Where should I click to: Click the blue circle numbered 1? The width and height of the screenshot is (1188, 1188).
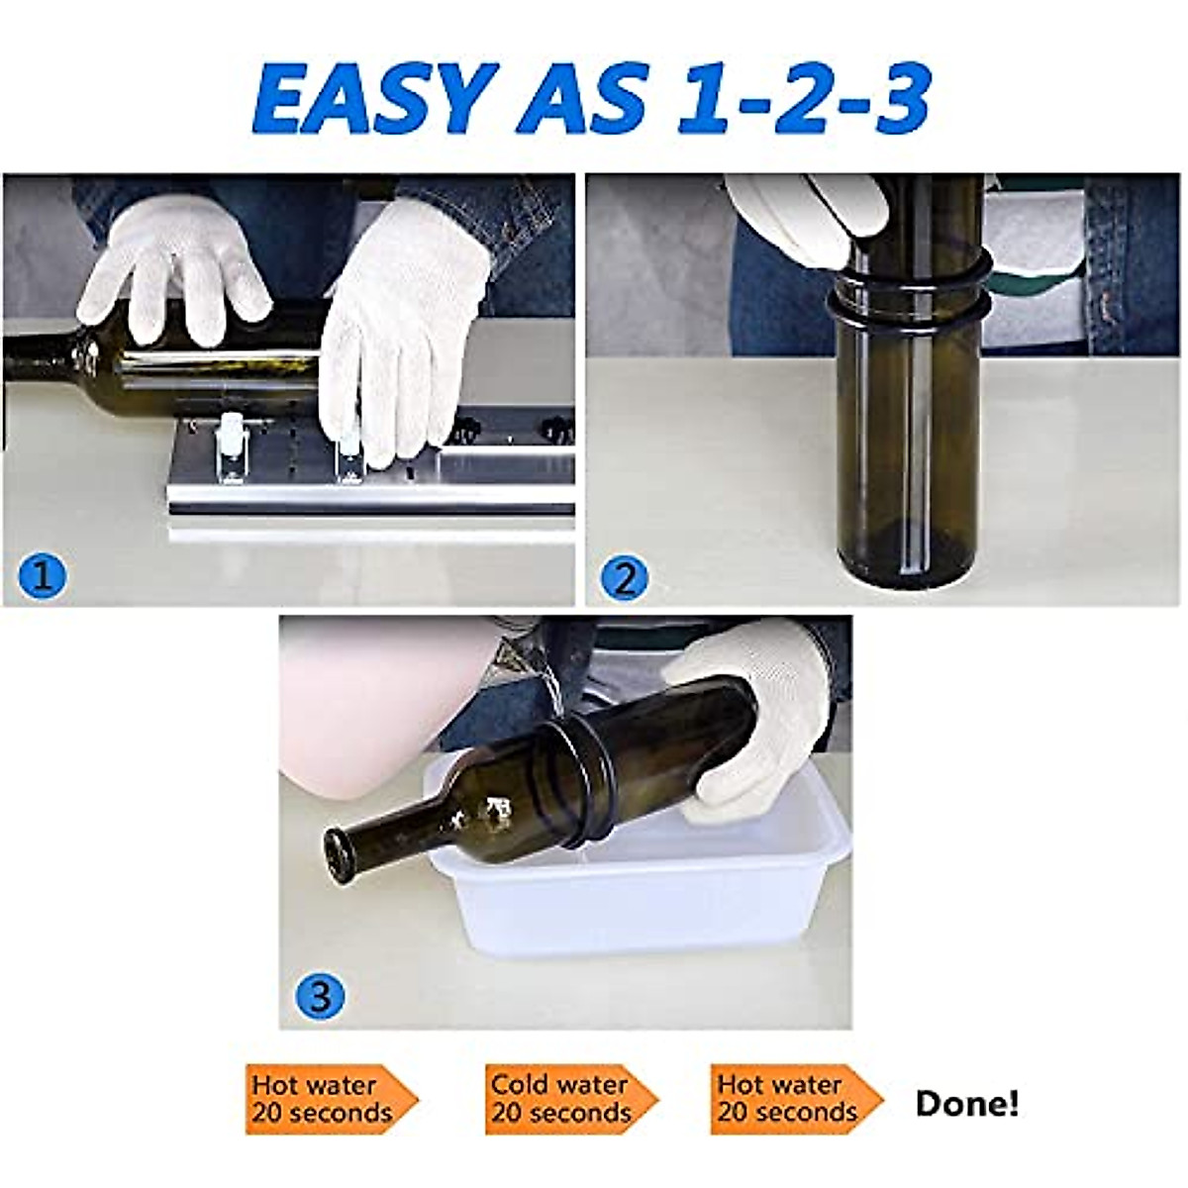(x=43, y=575)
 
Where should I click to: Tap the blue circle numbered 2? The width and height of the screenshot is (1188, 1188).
(x=624, y=578)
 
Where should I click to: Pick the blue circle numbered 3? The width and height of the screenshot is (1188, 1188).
(x=320, y=994)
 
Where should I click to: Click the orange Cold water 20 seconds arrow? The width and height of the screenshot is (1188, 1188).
(x=569, y=1099)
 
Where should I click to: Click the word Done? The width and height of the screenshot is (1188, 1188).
(x=966, y=1103)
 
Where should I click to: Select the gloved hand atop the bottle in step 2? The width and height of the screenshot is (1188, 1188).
(x=812, y=218)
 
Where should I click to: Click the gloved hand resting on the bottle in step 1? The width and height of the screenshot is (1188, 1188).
(x=173, y=267)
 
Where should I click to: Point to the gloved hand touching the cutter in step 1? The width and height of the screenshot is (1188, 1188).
(x=406, y=327)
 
